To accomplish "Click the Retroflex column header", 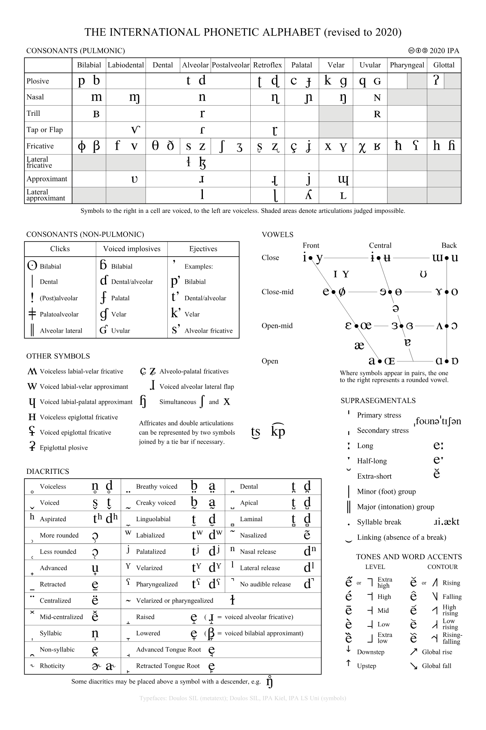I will pos(267,65).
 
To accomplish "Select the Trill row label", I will pos(34,113).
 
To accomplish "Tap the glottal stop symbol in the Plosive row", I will pos(436,81).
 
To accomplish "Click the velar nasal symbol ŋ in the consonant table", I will pos(343,98).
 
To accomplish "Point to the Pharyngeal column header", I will pos(407,65).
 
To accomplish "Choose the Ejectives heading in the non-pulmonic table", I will pos(203,249).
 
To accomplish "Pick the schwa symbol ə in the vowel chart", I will pos(396,308).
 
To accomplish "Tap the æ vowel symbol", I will pos(359,345).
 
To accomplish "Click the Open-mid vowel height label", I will pos(277,326).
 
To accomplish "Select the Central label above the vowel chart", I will pos(380,245).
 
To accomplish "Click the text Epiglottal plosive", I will pos(64,448).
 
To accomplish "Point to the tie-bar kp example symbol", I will pos(278,431).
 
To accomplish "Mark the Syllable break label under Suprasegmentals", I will pos(379,522).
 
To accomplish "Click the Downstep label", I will pos(371,652).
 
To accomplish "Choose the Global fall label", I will pos(437,666).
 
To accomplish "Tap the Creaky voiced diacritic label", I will pos(156,503).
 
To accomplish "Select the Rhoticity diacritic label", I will pos(53,666).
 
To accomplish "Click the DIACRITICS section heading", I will pos(48,471).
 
